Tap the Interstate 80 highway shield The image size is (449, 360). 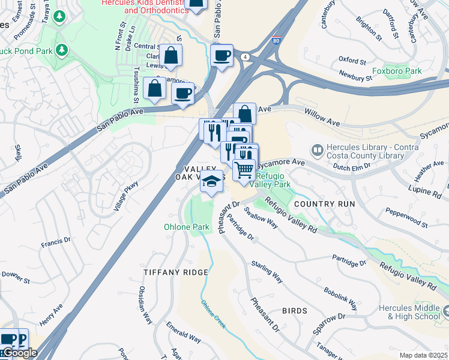275,41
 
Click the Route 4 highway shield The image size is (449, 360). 246,56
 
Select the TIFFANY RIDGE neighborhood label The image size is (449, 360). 176,272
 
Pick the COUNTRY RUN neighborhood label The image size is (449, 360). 325,204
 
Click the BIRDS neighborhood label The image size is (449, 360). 294,311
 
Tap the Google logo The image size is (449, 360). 19,353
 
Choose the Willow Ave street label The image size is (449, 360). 322,118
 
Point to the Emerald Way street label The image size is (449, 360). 184,334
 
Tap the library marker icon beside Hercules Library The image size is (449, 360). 317,148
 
